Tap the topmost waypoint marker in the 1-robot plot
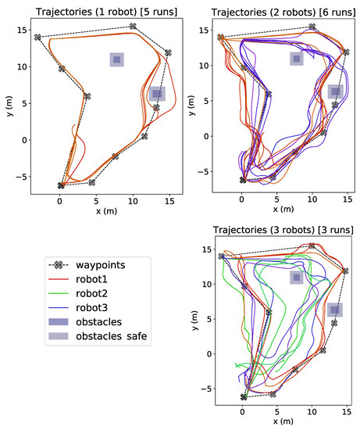133,27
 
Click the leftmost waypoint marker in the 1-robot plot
37,37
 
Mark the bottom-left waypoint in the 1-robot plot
61,185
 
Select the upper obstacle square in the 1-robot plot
116,60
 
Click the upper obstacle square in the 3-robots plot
296,278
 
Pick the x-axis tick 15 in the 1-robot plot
168,202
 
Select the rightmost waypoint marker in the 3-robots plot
346,271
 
